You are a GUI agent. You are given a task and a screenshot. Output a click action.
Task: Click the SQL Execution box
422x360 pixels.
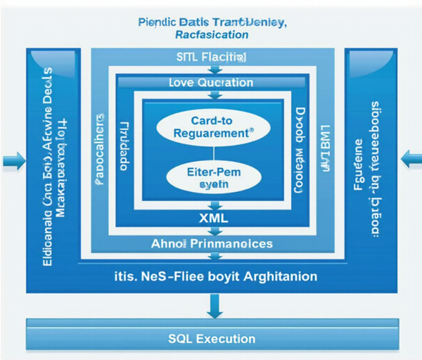211,338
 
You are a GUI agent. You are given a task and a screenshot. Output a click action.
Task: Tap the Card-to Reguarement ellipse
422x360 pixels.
213,127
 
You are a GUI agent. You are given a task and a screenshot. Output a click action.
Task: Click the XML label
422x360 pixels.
214,219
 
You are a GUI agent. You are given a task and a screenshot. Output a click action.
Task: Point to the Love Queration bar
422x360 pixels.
211,83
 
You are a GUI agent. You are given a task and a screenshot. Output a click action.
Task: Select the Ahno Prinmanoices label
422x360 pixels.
212,244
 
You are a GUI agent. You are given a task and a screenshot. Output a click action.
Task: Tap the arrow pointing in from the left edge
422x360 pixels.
13,162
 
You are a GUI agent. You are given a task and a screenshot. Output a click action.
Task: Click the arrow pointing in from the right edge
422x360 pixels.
410,160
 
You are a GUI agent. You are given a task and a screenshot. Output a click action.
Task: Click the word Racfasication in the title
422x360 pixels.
212,34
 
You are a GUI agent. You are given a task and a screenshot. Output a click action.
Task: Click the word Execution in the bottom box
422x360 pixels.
226,338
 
